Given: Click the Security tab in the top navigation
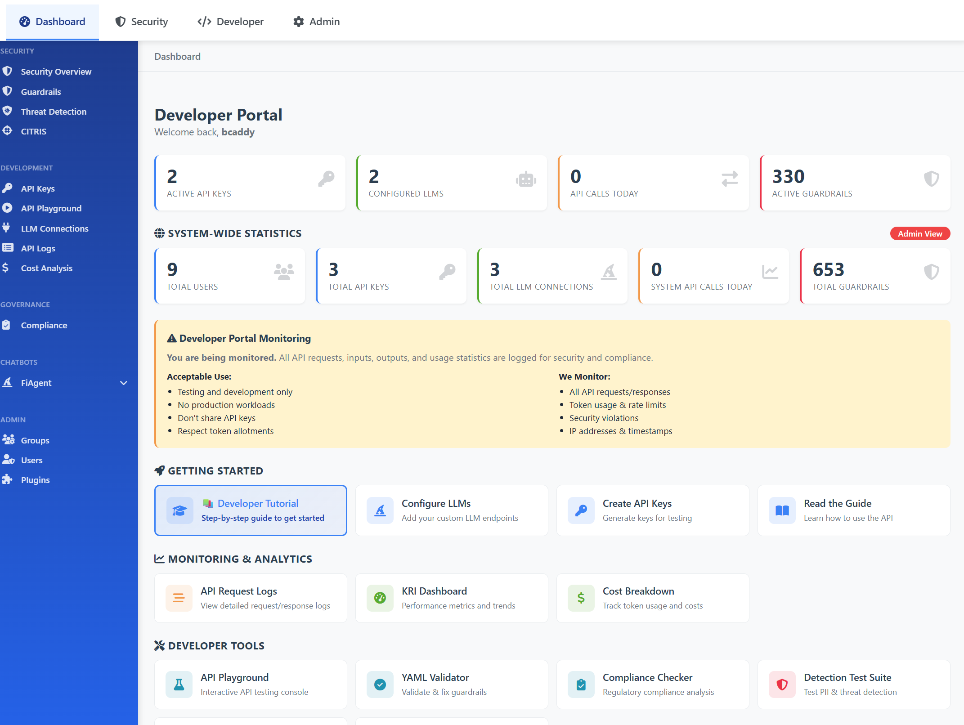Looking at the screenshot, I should pyautogui.click(x=141, y=22).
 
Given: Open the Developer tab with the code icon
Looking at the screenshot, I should pyautogui.click(x=230, y=22).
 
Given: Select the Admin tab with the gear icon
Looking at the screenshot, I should pyautogui.click(x=316, y=22).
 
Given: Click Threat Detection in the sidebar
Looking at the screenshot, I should pyautogui.click(x=54, y=112).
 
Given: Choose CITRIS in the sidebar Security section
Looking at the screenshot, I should pyautogui.click(x=33, y=131).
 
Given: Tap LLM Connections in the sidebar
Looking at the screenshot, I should pyautogui.click(x=54, y=228).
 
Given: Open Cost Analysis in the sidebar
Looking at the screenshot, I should pyautogui.click(x=46, y=268).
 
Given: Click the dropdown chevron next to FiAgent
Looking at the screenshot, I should pyautogui.click(x=124, y=383).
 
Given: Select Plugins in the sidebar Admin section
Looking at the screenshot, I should pyautogui.click(x=35, y=480).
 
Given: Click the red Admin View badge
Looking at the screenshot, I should pyautogui.click(x=919, y=233).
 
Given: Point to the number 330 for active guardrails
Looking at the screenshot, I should pyautogui.click(x=788, y=176).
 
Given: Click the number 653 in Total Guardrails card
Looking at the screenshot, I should pyautogui.click(x=828, y=269).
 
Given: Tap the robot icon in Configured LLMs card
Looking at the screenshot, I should pyautogui.click(x=525, y=179).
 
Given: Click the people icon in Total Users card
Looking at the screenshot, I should pyautogui.click(x=284, y=272).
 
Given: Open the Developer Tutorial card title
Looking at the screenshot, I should pyautogui.click(x=258, y=503).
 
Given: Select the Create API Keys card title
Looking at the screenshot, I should pyautogui.click(x=637, y=503).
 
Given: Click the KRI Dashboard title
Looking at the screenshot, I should pyautogui.click(x=434, y=591).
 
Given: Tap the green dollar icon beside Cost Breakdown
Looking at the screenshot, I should pyautogui.click(x=581, y=598).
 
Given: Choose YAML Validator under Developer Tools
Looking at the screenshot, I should pyautogui.click(x=435, y=677).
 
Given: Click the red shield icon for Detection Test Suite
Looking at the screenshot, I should pyautogui.click(x=782, y=685).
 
